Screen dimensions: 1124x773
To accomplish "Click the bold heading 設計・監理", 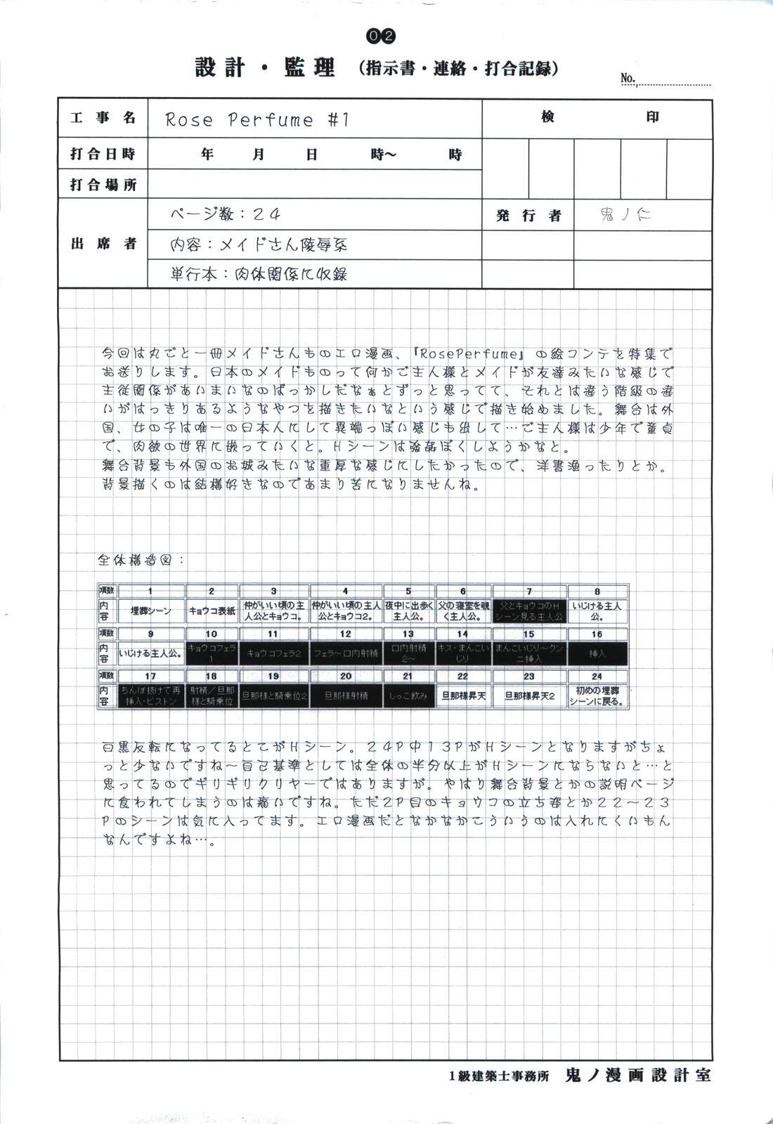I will point(265,68).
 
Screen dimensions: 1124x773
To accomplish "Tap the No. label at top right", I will point(628,78).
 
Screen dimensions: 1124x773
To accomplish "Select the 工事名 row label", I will point(103,118).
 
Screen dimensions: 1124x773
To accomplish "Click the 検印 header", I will point(597,117).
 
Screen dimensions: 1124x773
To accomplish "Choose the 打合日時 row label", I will point(103,154).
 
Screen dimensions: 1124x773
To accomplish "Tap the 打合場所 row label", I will point(103,185).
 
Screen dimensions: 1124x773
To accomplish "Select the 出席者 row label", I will point(103,244).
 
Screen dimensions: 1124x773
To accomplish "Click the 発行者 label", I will point(528,215).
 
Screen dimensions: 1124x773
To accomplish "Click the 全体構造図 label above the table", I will point(141,561).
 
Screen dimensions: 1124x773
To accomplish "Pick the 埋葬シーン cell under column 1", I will point(150,610).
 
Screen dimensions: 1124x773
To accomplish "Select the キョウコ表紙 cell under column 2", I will point(212,610).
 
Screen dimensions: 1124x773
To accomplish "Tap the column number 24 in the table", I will point(597,676).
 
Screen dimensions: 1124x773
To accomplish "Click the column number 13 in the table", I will point(408,634).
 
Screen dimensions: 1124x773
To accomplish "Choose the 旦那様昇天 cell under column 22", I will point(462,695).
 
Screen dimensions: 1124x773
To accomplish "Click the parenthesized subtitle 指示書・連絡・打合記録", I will point(458,69).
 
